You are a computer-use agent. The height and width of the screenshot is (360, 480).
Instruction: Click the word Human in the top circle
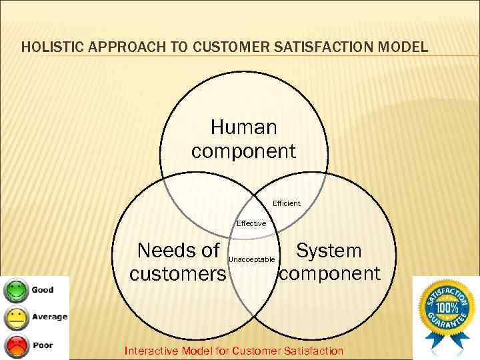point(243,127)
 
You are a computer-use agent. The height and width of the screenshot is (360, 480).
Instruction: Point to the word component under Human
point(243,151)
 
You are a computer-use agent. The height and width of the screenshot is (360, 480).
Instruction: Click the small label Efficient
point(287,203)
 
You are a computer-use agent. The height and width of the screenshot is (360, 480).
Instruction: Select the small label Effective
point(251,223)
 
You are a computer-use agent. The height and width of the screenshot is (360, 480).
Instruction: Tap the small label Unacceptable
point(251,259)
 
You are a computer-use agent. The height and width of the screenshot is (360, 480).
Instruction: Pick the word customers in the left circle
point(177,274)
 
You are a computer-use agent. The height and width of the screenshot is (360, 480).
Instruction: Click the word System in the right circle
point(329,251)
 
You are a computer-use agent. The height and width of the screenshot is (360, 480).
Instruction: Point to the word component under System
point(330,273)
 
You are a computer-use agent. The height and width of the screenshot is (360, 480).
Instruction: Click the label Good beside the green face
point(43,290)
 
